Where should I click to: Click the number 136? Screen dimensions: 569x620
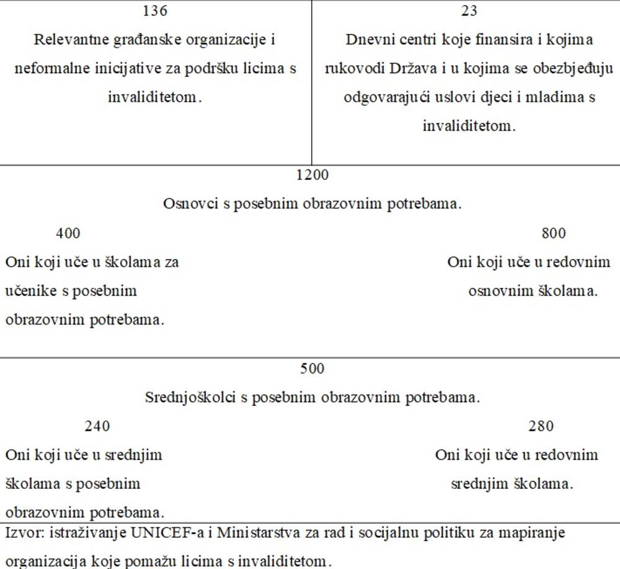(x=154, y=11)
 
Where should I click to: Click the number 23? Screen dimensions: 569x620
(x=469, y=11)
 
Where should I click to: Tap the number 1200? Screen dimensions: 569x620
(x=312, y=175)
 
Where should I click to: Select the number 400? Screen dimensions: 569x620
(x=68, y=233)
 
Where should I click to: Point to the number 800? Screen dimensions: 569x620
(x=553, y=233)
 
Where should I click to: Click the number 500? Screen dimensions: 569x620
(x=312, y=369)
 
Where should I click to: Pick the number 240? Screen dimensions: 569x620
(x=97, y=426)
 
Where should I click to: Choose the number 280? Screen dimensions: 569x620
(x=541, y=426)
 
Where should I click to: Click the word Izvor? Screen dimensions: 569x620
(x=21, y=532)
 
